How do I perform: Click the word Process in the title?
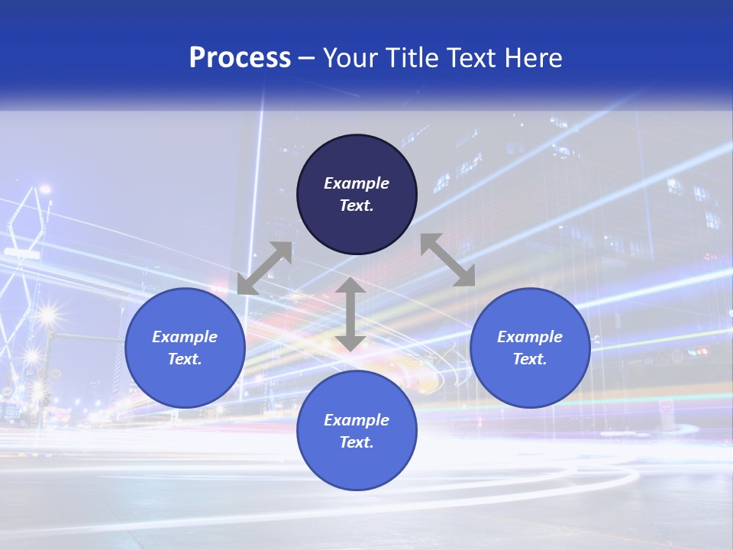point(240,58)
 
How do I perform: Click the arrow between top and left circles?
point(264,268)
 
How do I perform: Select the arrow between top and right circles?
point(447,260)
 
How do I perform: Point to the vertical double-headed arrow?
point(350,314)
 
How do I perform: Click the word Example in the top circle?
point(357,183)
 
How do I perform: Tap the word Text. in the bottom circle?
point(357,442)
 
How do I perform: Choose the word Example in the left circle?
point(185,337)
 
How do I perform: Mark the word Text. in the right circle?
point(530,359)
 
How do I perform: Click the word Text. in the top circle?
point(357,205)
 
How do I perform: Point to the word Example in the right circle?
point(530,337)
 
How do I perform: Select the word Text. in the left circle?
point(185,359)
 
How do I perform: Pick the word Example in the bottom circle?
point(357,420)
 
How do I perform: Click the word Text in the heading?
point(470,58)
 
